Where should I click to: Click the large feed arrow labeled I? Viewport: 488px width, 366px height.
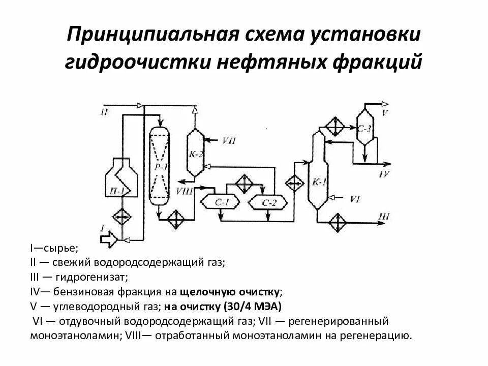pos(108,237)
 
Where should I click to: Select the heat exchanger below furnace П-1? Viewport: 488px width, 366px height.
pos(120,216)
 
